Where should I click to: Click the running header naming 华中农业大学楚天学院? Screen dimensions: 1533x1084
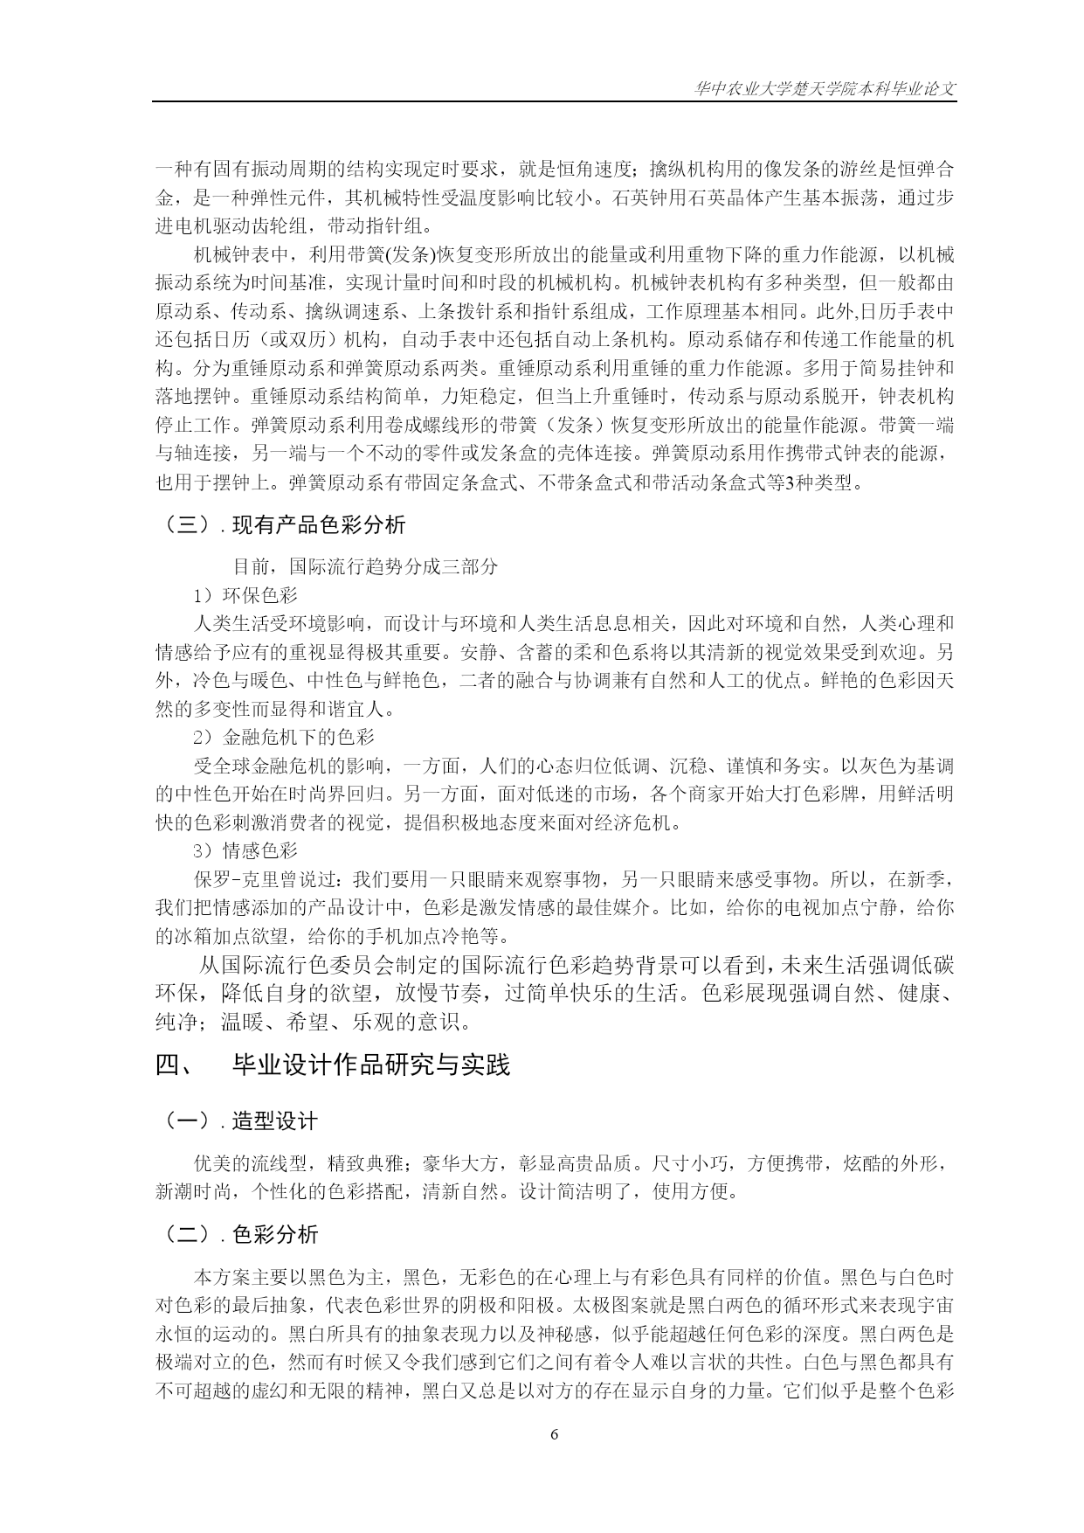[x=825, y=88]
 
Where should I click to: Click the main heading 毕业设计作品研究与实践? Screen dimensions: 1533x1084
[x=371, y=1065]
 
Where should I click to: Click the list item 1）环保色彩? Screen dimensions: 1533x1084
[x=246, y=595]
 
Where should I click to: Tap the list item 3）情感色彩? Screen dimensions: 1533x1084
[x=246, y=850]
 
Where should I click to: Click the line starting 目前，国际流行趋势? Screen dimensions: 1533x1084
[x=365, y=566]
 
